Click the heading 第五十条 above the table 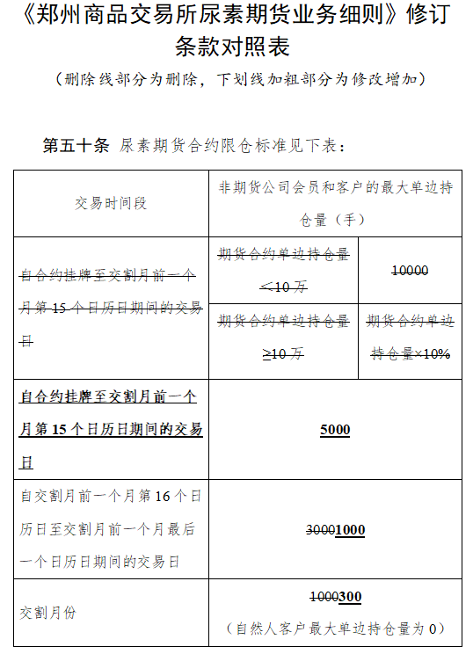pyautogui.click(x=76, y=146)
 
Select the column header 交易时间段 pyautogui.click(x=110, y=204)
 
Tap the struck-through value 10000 pyautogui.click(x=410, y=271)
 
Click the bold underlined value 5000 pyautogui.click(x=335, y=430)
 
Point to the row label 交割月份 pyautogui.click(x=47, y=613)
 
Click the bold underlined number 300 pyautogui.click(x=350, y=597)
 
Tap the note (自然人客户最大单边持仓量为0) pyautogui.click(x=335, y=629)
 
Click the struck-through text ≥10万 pyautogui.click(x=283, y=354)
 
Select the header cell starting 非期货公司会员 pyautogui.click(x=335, y=188)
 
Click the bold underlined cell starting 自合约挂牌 pyautogui.click(x=110, y=430)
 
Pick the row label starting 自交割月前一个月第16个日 pyautogui.click(x=110, y=529)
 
